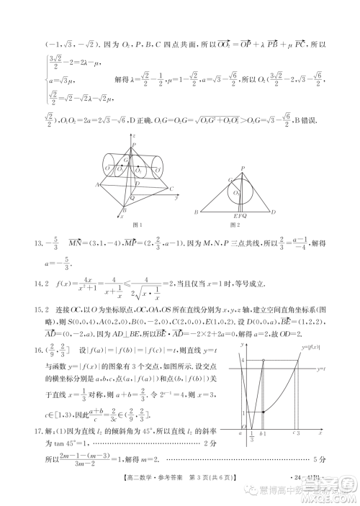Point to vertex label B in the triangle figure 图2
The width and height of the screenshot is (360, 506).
point(195,212)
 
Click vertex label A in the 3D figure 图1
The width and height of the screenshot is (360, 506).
point(96,184)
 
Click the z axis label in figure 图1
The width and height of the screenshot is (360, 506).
point(134,135)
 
